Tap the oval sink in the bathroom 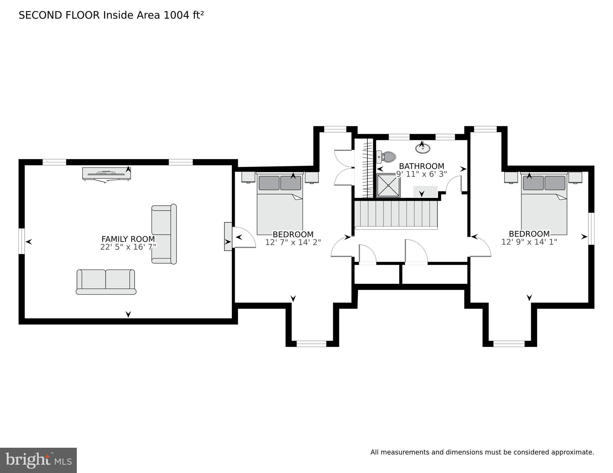(422, 149)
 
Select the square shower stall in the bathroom (388, 185)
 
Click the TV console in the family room (106, 173)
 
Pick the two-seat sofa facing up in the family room (106, 282)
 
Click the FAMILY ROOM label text (128, 239)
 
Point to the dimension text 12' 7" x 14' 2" (293, 243)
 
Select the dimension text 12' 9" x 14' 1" (529, 242)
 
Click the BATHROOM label (421, 166)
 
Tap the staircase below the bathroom (396, 214)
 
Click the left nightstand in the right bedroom (511, 177)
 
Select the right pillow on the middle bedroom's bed (291, 183)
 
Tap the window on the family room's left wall (22, 241)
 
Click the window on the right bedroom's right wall (591, 228)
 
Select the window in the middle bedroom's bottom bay (311, 344)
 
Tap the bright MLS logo (38, 460)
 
